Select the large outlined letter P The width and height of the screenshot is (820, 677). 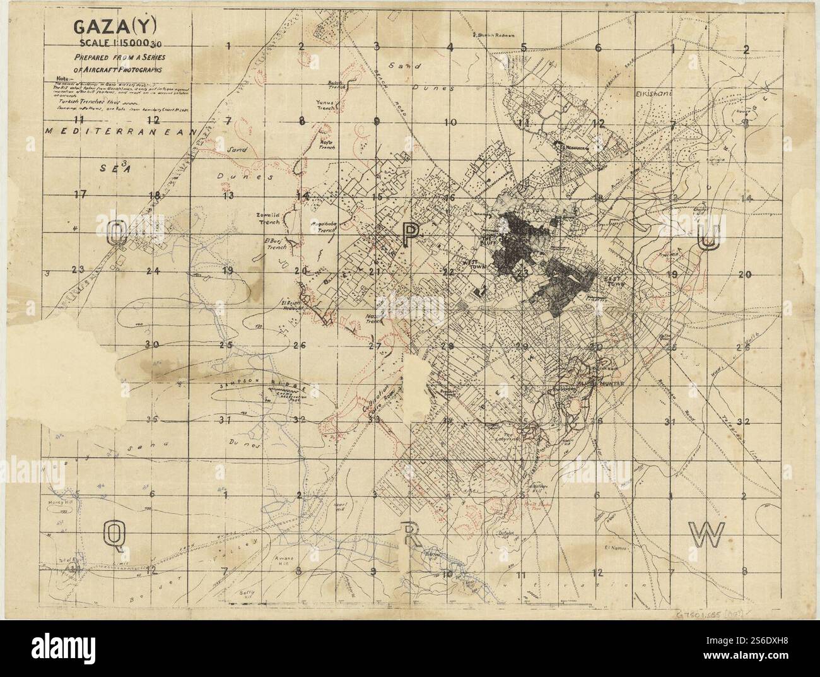tap(410, 235)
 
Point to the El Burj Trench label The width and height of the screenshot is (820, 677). tap(276, 244)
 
